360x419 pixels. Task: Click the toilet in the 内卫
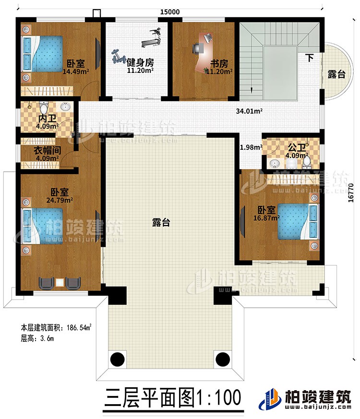[45, 106]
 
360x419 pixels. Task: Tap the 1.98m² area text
[250, 147]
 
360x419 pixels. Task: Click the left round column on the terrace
[118, 359]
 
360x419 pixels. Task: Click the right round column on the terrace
[222, 358]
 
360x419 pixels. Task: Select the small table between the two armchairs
[60, 283]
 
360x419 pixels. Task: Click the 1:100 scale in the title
[218, 398]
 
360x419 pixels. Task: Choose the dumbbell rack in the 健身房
[116, 58]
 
